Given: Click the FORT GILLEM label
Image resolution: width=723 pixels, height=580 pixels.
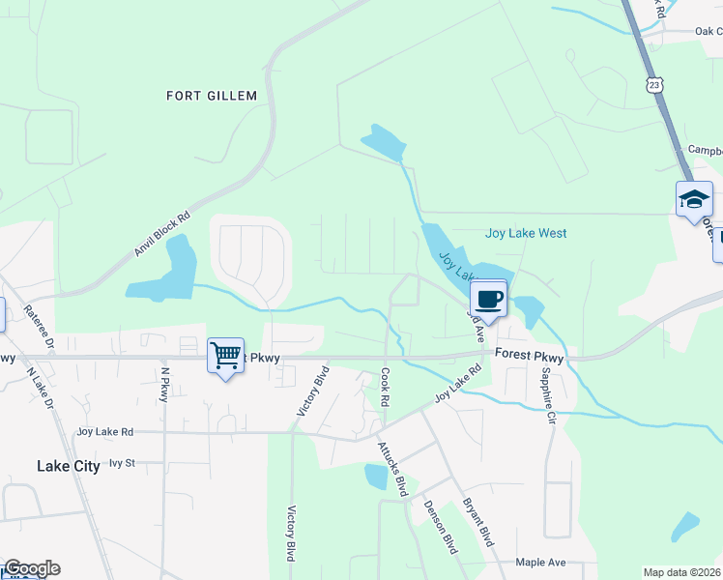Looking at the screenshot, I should tap(212, 96).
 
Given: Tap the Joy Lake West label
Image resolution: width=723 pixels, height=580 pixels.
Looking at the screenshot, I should tap(525, 233).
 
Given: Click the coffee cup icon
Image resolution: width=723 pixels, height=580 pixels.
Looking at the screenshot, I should tap(488, 297).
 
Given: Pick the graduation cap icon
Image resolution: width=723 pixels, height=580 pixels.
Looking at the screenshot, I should tap(693, 199).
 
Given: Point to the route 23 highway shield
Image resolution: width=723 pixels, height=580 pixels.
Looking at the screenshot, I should tap(656, 86).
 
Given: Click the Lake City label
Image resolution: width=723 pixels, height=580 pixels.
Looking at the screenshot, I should tap(68, 466).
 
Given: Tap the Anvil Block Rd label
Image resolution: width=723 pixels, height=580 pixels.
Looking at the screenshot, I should tap(161, 236).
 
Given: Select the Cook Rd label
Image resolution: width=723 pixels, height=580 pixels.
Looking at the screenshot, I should tap(385, 387).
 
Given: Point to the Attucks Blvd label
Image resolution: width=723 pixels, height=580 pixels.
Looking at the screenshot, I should tap(392, 468).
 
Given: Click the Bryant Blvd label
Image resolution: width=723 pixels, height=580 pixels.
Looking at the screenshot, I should tap(477, 522).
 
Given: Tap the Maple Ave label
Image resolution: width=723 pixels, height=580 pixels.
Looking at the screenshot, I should tap(540, 562).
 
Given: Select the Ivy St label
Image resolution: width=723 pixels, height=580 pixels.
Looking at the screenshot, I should tap(122, 463).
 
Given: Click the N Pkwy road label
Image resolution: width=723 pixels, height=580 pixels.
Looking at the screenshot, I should tap(164, 385).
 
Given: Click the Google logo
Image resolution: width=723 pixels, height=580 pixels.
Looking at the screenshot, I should tap(32, 568).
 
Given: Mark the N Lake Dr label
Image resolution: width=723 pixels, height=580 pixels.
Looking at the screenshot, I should tap(41, 388).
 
